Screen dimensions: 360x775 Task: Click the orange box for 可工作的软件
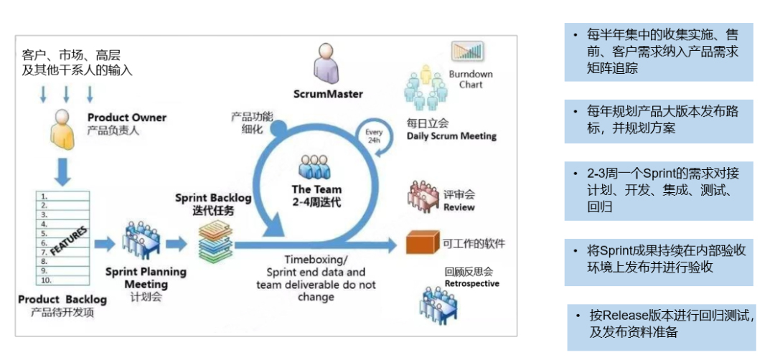pyautogui.click(x=422, y=242)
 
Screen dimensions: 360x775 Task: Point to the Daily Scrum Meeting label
pyautogui.click(x=451, y=136)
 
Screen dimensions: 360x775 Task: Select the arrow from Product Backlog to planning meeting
pyautogui.click(x=105, y=244)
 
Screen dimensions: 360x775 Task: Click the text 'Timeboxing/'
pyautogui.click(x=316, y=260)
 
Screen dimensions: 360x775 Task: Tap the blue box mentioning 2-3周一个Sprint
pyautogui.click(x=658, y=191)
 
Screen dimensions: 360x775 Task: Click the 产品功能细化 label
pyautogui.click(x=247, y=123)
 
